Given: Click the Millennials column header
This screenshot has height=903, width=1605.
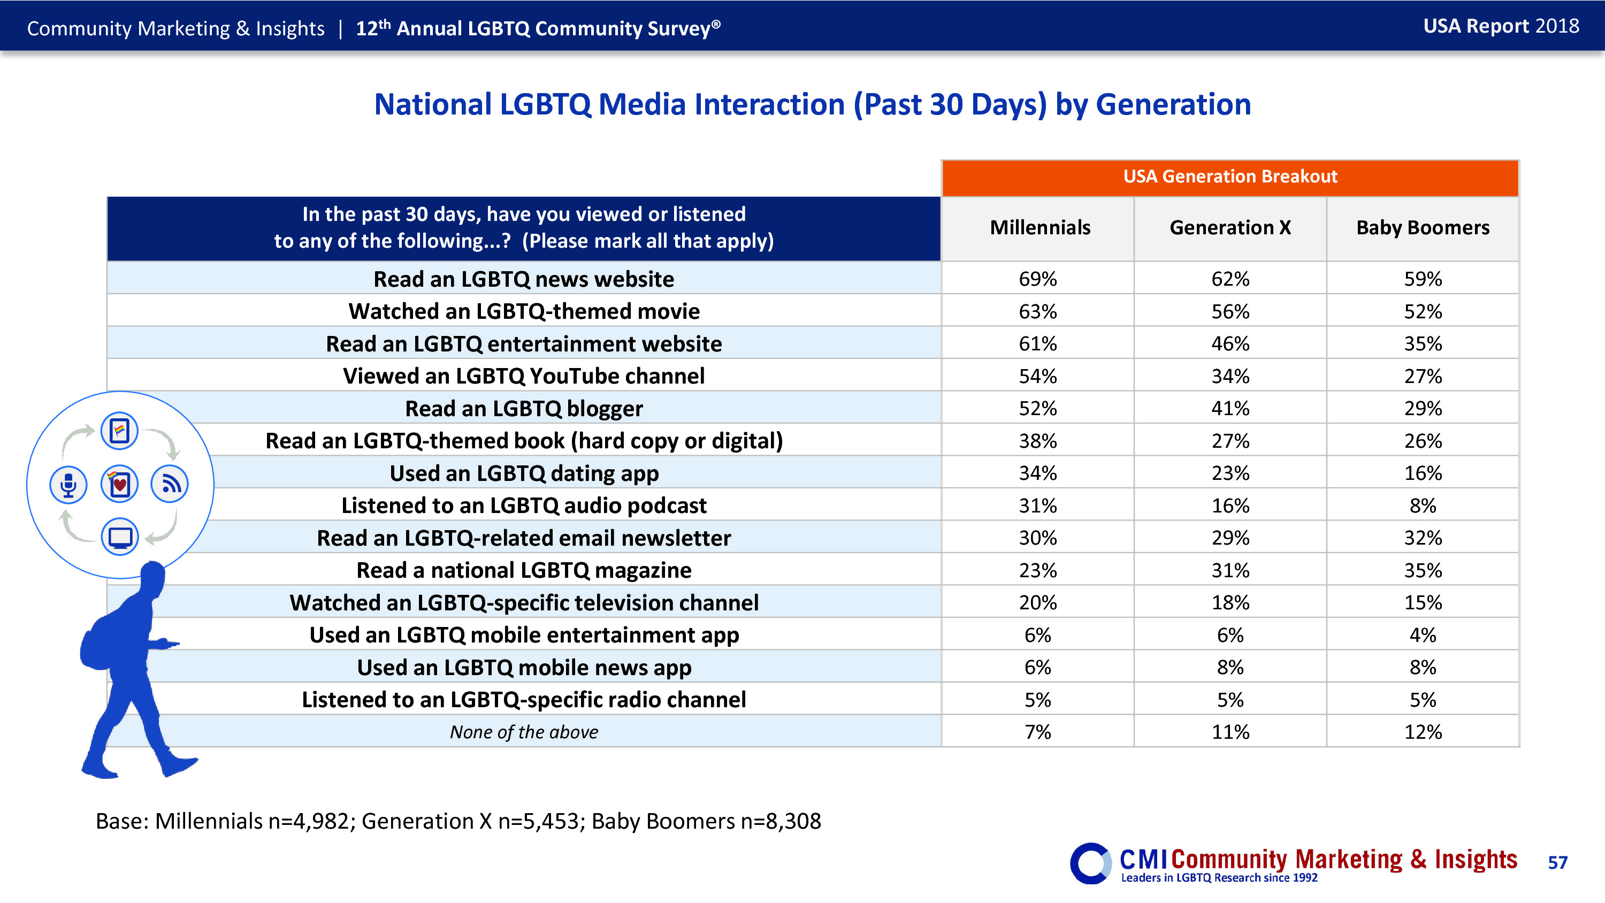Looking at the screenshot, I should tap(1040, 228).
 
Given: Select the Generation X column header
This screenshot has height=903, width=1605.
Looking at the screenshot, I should tap(1230, 228).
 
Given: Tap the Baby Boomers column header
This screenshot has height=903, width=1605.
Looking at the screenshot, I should tap(1423, 228).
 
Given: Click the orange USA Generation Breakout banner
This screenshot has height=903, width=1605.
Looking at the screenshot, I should tap(1230, 177).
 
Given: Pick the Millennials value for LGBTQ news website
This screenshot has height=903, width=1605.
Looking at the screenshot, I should tap(1037, 279).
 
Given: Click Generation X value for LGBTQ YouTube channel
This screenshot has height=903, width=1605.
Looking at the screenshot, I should tap(1230, 377).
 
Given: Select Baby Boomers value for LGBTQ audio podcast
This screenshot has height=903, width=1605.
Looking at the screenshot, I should tap(1423, 506).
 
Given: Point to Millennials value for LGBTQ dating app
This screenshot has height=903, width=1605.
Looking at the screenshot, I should tap(1037, 473).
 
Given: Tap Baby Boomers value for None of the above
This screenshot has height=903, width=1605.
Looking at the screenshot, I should tap(1423, 732).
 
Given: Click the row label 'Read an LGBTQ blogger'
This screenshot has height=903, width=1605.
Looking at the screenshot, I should tap(523, 409).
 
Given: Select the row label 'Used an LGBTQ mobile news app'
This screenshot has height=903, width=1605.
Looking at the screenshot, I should tap(523, 668).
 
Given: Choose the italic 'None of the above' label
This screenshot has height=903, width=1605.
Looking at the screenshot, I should tap(523, 732).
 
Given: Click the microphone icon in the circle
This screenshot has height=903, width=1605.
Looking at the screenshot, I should tap(68, 484).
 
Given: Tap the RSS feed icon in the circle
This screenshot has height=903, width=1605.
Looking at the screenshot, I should tap(170, 484).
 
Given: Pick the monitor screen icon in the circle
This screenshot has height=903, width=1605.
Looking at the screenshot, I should tap(120, 537).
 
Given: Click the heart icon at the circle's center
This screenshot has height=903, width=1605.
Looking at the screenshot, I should tap(120, 484).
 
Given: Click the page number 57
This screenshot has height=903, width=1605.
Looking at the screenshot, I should tap(1557, 862).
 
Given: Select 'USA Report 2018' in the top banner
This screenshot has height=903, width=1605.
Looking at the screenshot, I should tap(1501, 26).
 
